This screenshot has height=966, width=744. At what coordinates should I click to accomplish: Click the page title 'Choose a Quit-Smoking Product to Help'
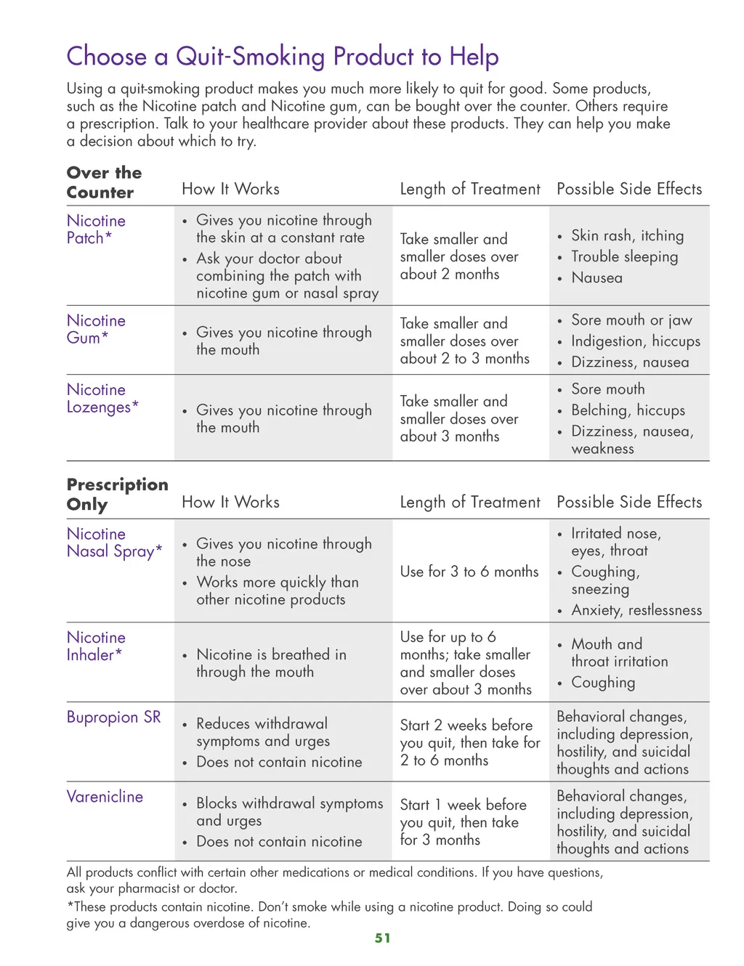click(x=283, y=57)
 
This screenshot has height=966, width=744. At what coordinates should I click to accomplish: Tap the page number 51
click(x=383, y=938)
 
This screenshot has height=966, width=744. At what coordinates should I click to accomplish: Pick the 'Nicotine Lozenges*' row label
click(x=102, y=398)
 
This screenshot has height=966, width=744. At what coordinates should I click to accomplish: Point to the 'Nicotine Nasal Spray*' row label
click(x=114, y=543)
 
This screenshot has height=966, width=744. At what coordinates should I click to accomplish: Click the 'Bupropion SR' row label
click(x=113, y=717)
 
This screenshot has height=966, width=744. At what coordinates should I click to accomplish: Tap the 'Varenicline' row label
click(x=105, y=797)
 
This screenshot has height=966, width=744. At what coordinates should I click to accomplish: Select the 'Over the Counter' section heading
click(x=104, y=182)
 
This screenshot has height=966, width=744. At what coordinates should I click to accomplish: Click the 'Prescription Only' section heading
click(x=117, y=494)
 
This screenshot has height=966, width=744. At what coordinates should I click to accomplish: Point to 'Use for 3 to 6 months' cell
click(x=469, y=572)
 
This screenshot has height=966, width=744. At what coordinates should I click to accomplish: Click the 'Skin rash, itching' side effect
click(x=627, y=235)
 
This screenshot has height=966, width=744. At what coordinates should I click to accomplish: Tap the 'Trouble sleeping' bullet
click(x=624, y=256)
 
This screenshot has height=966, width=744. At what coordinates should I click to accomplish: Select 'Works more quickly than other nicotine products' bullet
click(x=277, y=590)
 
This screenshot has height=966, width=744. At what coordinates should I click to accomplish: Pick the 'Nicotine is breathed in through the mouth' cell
click(x=271, y=663)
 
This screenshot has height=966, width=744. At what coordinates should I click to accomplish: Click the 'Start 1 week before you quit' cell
click(x=463, y=822)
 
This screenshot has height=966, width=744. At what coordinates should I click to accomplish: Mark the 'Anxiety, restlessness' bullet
click(x=636, y=610)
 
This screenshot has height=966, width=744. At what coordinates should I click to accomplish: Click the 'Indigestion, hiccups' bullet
click(x=635, y=341)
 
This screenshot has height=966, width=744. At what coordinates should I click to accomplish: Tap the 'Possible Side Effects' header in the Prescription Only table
click(x=629, y=502)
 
